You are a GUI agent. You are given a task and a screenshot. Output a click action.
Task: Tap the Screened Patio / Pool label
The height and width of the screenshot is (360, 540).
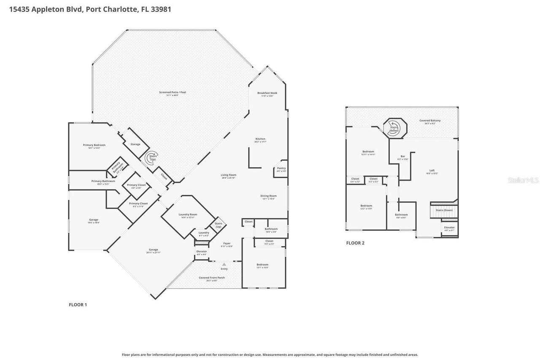coord(172,92)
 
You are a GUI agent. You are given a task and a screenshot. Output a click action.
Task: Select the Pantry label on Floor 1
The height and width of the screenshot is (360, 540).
coord(281,168)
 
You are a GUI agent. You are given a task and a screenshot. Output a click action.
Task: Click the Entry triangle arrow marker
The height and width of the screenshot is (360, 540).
coord(224,264)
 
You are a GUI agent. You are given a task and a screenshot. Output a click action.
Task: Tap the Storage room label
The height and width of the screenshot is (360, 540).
coord(135,144)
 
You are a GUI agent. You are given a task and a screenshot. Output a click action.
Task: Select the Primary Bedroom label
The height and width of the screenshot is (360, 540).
coord(94,145)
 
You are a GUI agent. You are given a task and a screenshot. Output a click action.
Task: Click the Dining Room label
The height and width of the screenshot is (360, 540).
coord(268,196)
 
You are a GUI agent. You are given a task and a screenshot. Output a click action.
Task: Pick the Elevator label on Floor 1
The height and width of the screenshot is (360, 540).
coord(202,252)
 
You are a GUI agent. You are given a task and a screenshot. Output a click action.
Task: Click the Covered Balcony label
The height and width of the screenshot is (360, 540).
coord(430,121)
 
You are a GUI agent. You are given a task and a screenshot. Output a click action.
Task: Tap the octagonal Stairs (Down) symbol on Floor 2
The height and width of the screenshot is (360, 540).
coord(395,128)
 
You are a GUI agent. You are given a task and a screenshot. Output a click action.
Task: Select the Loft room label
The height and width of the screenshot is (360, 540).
coord(432,171)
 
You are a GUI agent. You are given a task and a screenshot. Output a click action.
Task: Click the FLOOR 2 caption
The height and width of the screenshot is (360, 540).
coord(355,243)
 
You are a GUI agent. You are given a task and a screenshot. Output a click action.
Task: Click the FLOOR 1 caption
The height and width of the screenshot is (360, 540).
coord(78,305)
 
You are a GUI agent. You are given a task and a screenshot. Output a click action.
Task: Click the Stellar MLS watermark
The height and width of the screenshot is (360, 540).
coord(523,180)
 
